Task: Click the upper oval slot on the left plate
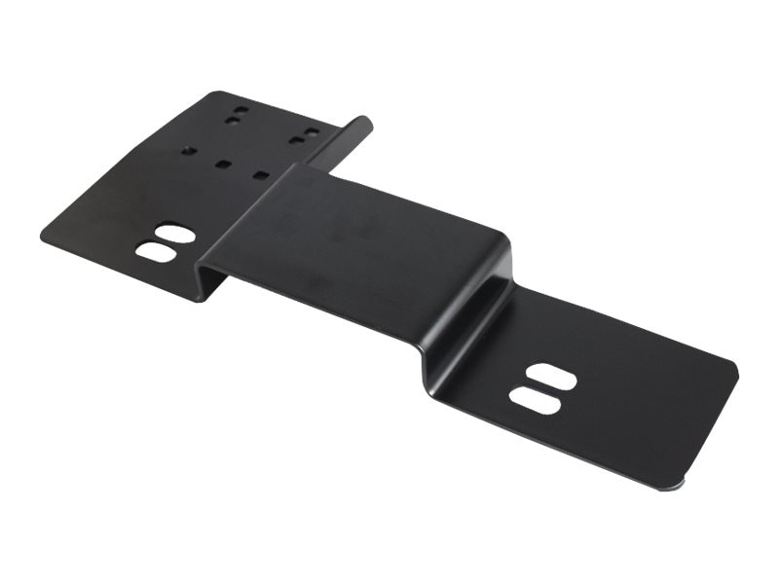[x=174, y=234]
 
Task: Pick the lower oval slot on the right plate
[x=535, y=399]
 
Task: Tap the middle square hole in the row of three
[x=223, y=164]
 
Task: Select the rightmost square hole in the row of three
[x=260, y=175]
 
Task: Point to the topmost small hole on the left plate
[x=241, y=111]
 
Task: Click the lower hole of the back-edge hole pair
[x=232, y=121]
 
